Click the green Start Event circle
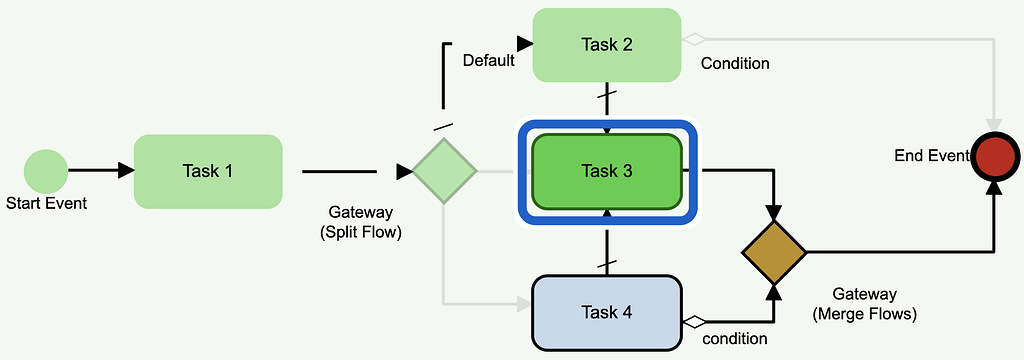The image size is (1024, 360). (46, 171)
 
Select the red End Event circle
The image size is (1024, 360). (995, 158)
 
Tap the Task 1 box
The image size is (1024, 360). (208, 171)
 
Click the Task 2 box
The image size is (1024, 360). (607, 44)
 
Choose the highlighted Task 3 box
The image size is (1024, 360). (607, 171)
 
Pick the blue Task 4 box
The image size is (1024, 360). (607, 312)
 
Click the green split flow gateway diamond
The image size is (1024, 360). (445, 172)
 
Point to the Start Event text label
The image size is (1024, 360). (47, 204)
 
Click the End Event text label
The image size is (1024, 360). (931, 155)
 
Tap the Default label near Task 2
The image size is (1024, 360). (488, 61)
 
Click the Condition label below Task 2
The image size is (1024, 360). (735, 64)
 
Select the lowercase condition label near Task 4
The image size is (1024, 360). (735, 339)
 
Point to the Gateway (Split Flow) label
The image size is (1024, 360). (360, 222)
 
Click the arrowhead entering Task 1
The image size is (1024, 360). (125, 171)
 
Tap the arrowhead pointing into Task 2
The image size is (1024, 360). (524, 43)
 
